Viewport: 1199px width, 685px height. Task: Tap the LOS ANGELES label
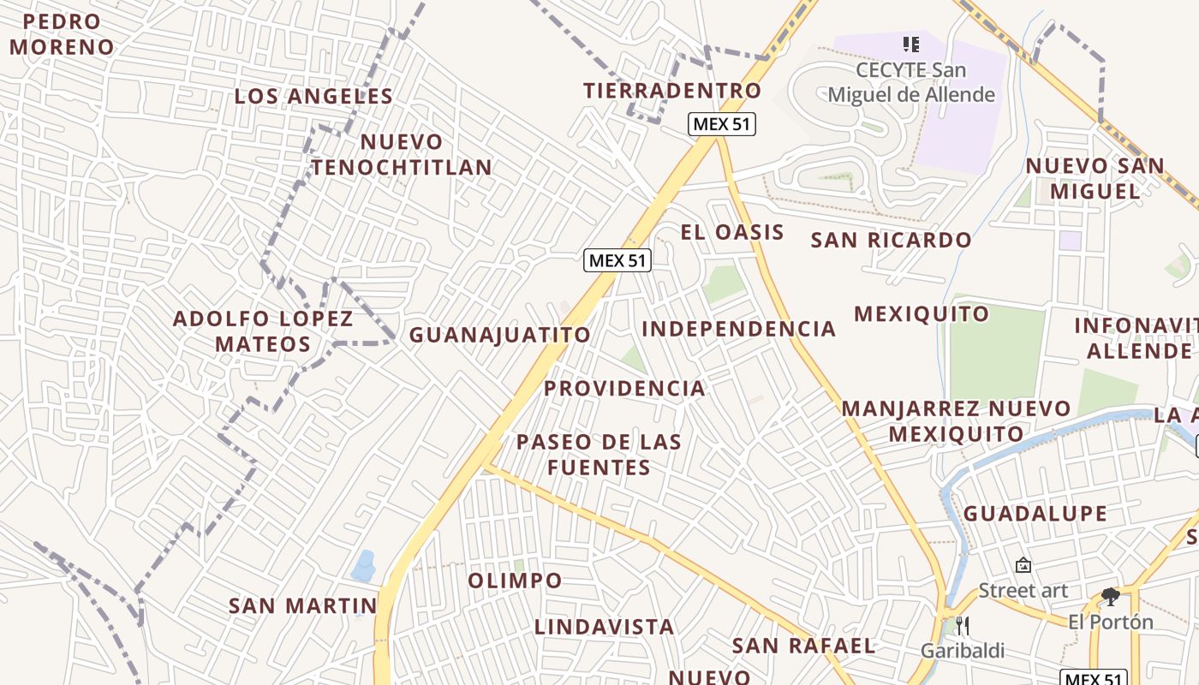313,97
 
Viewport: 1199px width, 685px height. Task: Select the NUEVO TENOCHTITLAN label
402,154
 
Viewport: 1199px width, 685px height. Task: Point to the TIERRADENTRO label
672,91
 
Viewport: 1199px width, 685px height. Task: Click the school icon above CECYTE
910,44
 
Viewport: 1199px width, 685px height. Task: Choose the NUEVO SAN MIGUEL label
1095,178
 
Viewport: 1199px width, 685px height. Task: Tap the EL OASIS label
732,232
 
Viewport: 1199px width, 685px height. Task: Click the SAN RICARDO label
891,241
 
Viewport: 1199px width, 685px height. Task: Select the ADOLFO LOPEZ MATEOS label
263,331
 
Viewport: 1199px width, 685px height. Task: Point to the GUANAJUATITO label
500,335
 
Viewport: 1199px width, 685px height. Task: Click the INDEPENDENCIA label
738,329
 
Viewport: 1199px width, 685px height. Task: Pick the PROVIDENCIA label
624,389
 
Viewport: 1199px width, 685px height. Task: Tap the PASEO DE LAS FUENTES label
599,455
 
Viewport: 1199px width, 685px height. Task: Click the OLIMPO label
515,581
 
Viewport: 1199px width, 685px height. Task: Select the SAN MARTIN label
302,606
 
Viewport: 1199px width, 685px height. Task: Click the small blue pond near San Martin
364,566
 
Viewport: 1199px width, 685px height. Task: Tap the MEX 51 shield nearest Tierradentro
721,124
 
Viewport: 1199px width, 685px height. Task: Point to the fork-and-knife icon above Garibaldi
962,626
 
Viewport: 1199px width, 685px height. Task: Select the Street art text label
1023,590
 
